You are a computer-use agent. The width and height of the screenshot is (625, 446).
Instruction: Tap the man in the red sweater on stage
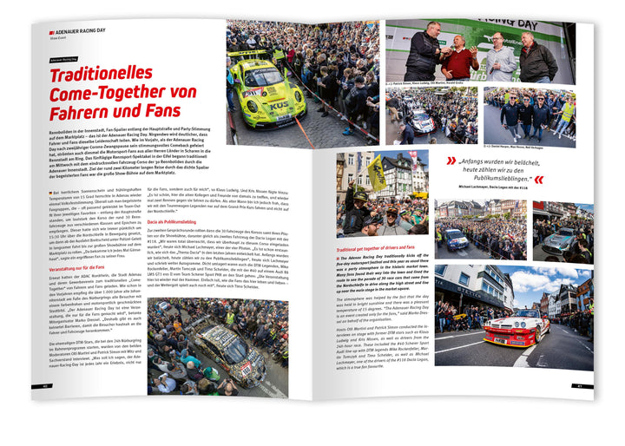(x=460, y=58)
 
